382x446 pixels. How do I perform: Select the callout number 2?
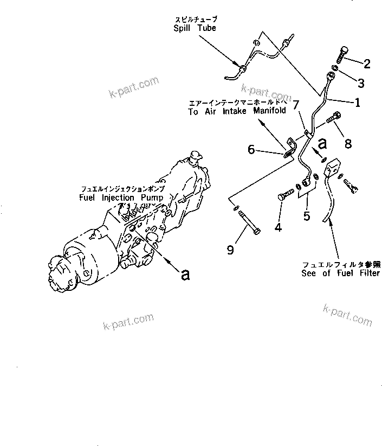(x=367, y=64)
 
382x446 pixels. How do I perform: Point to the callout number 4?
(x=278, y=227)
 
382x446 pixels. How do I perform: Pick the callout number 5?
(x=307, y=216)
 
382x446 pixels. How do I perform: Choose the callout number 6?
(x=251, y=149)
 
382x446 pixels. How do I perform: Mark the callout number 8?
(x=348, y=144)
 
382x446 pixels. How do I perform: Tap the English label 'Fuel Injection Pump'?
(x=121, y=198)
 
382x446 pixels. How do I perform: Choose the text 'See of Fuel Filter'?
(x=341, y=273)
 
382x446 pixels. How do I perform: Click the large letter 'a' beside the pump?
(x=186, y=274)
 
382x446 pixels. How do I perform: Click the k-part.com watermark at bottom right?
(x=347, y=315)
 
